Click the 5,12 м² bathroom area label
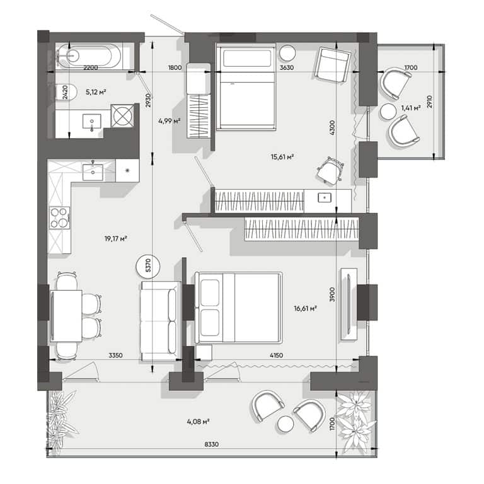tap(96, 92)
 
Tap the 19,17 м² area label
tap(116, 239)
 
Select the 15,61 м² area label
tap(282, 157)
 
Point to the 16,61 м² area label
tap(305, 308)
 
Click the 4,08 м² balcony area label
tap(198, 422)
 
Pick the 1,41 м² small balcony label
tap(411, 108)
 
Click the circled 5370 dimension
tap(148, 265)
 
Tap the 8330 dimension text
tap(212, 444)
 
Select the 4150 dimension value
tap(276, 355)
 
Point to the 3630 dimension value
tap(287, 67)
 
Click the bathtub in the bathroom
tap(89, 56)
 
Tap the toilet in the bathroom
tap(66, 92)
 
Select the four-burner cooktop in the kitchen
tap(59, 217)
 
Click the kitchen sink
tap(93, 172)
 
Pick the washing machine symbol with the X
tap(122, 116)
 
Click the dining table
tap(66, 316)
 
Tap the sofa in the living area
tap(161, 321)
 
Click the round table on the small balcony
tap(388, 112)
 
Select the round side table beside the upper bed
tap(287, 53)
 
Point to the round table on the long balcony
tap(285, 423)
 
